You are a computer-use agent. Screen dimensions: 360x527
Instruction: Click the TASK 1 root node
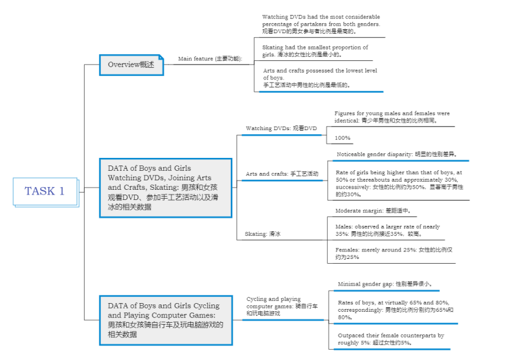tap(45, 191)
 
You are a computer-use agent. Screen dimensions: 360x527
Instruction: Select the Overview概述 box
tap(131, 64)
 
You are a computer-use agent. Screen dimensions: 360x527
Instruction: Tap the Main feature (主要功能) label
tap(209, 59)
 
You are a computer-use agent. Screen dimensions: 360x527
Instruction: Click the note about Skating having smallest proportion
tap(315, 51)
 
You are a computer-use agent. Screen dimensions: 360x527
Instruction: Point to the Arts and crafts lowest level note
tap(320, 78)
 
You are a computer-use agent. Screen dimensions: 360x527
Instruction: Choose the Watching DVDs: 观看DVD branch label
tap(281, 128)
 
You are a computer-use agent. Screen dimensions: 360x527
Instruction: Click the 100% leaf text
tap(343, 138)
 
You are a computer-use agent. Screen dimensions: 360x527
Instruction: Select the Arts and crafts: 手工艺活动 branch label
tap(282, 174)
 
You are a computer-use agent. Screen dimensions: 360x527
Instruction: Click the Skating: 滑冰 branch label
tap(263, 234)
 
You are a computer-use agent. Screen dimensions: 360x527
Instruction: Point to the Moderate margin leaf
tap(373, 211)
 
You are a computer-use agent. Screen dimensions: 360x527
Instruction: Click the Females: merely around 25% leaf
tap(394, 254)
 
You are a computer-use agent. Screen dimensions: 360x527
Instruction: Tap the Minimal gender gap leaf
tap(385, 284)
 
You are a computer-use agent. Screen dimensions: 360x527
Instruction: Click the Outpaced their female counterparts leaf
tap(391, 339)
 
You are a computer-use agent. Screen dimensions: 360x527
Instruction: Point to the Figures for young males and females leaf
tap(392, 117)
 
